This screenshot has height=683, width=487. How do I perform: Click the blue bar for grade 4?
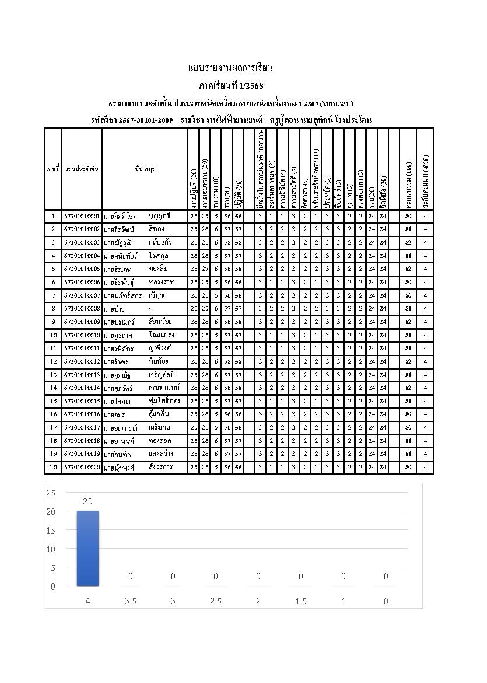coord(88,548)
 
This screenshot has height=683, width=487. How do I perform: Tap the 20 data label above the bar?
coord(88,501)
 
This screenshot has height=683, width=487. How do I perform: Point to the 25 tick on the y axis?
coord(51,493)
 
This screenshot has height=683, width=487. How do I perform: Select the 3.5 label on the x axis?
coord(131,601)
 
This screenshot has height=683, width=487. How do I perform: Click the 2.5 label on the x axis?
coord(216,601)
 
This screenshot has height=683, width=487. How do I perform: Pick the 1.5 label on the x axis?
coord(301,601)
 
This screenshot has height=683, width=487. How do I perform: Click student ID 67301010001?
coord(82,216)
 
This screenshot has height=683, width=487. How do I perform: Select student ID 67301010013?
coord(82,375)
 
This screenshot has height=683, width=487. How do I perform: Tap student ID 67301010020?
coord(82,467)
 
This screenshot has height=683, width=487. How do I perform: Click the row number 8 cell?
coord(53,308)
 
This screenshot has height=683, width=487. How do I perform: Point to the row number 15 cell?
coord(53,401)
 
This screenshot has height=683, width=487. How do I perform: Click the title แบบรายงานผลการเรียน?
coord(231,68)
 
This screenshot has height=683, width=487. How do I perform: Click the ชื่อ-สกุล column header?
coord(145,169)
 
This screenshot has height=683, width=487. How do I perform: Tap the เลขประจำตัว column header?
coord(82,169)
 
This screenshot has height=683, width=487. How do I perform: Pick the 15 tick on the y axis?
coord(51,530)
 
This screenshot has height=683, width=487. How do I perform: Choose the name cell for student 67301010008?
coord(145,308)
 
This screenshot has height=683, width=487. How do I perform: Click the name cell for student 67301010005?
coord(145,269)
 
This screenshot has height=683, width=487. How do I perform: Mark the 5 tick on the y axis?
coord(52,567)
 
